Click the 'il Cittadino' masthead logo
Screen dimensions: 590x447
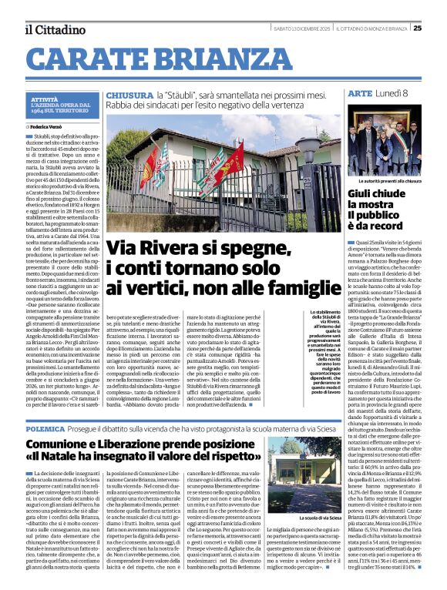click(55, 29)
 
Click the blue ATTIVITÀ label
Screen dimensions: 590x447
click(45, 100)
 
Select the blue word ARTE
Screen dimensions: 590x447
click(360, 93)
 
